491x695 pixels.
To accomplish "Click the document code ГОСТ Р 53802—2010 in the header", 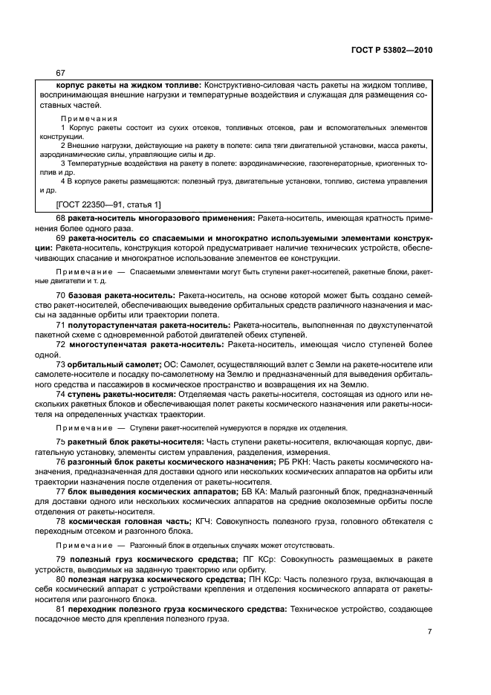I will pyautogui.click(x=392, y=50).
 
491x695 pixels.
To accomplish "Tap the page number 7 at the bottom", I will pyautogui.click(x=429, y=631).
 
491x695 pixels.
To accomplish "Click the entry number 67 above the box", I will pyautogui.click(x=61, y=73).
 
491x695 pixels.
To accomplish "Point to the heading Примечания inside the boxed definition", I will pyautogui.click(x=88, y=118).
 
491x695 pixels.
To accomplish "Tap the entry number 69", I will pyautogui.click(x=62, y=238).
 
